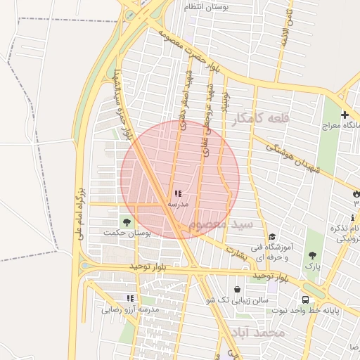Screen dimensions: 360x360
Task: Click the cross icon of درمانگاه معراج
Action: [345, 115]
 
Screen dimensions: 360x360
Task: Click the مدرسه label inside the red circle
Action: [177, 204]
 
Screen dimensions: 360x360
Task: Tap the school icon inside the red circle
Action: [177, 193]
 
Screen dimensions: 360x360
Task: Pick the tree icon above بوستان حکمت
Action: [127, 221]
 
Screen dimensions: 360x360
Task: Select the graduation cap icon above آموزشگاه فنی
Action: [272, 236]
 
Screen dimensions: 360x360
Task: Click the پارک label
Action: [312, 268]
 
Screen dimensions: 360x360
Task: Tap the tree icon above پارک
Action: [312, 256]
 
